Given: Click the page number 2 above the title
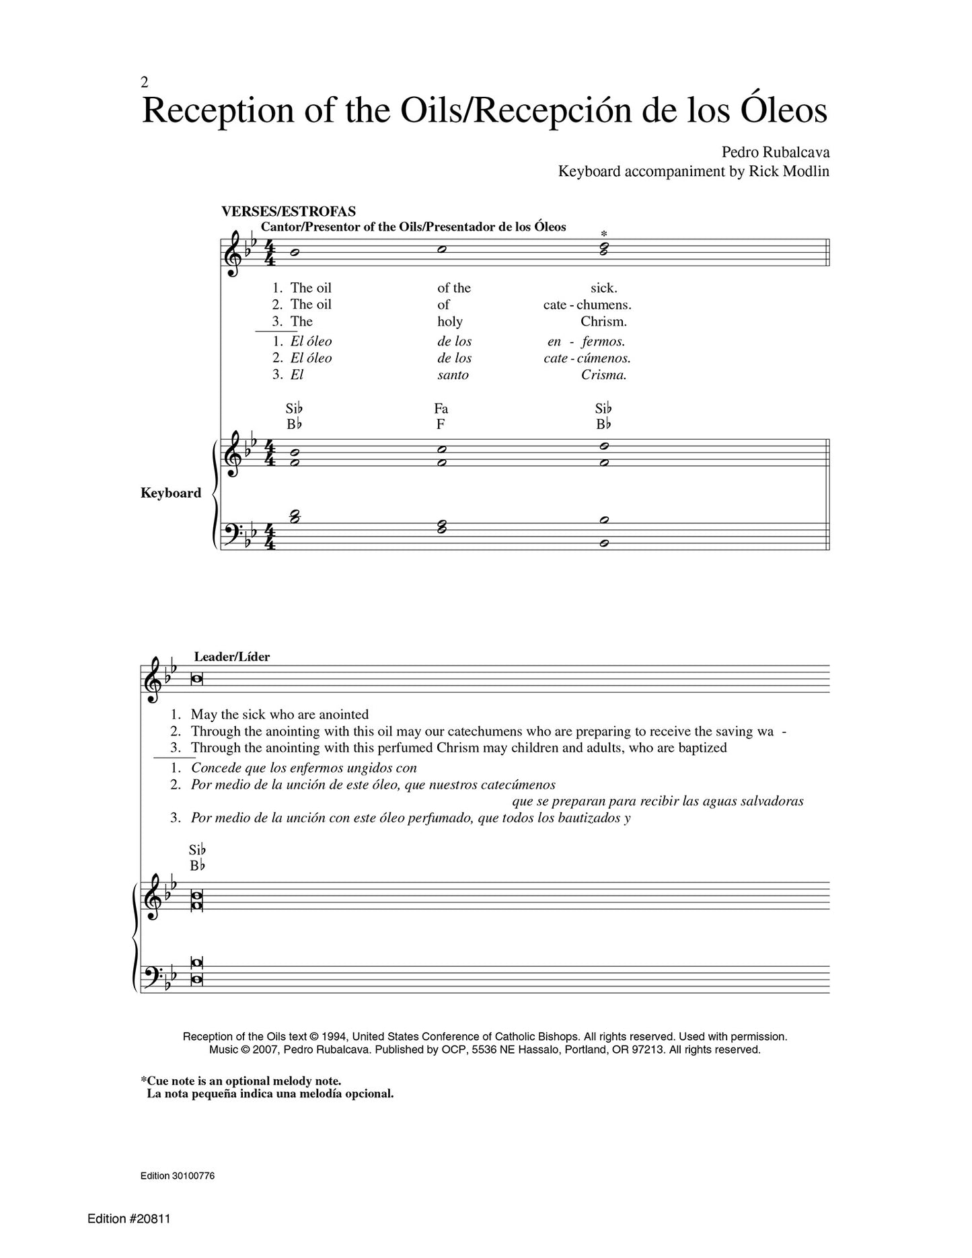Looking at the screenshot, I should (145, 83).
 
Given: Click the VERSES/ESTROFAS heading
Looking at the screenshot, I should (289, 212).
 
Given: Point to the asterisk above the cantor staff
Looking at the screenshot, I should (603, 234).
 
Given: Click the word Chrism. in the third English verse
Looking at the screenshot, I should (603, 321).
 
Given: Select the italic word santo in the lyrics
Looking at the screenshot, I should (453, 375).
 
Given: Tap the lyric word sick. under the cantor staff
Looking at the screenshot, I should (603, 288).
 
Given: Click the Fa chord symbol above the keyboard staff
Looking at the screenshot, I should (441, 409).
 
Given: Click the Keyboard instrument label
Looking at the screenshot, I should (171, 493).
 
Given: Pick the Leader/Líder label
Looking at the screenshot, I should (231, 657).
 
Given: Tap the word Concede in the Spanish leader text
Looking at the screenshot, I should (213, 768).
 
